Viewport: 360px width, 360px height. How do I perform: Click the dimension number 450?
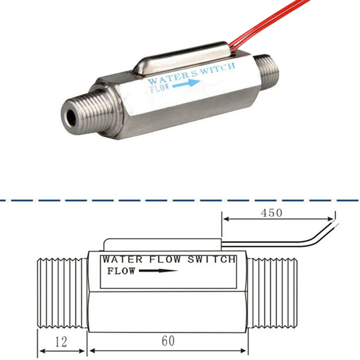click(x=271, y=213)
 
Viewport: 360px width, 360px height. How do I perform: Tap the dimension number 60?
click(x=168, y=341)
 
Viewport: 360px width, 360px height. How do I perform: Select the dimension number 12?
click(x=61, y=342)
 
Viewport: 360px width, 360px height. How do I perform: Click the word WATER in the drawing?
click(x=122, y=260)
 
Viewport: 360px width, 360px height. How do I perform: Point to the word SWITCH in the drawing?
click(x=212, y=259)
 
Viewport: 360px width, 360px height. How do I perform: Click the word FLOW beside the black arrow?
click(x=121, y=271)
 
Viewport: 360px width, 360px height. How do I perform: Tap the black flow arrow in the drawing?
click(x=158, y=271)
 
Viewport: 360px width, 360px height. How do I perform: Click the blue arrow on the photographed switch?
click(x=186, y=84)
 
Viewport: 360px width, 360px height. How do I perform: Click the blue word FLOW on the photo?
click(x=160, y=87)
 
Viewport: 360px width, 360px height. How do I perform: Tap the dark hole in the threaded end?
click(x=72, y=118)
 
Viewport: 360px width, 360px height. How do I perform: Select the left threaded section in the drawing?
click(x=62, y=293)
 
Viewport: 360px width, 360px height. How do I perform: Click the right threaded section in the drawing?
click(x=273, y=293)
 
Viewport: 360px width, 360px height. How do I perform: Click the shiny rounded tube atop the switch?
click(x=182, y=59)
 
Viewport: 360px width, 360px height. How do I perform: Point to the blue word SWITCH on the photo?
click(x=217, y=69)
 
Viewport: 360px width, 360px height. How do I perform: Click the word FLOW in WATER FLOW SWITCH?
click(x=165, y=259)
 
